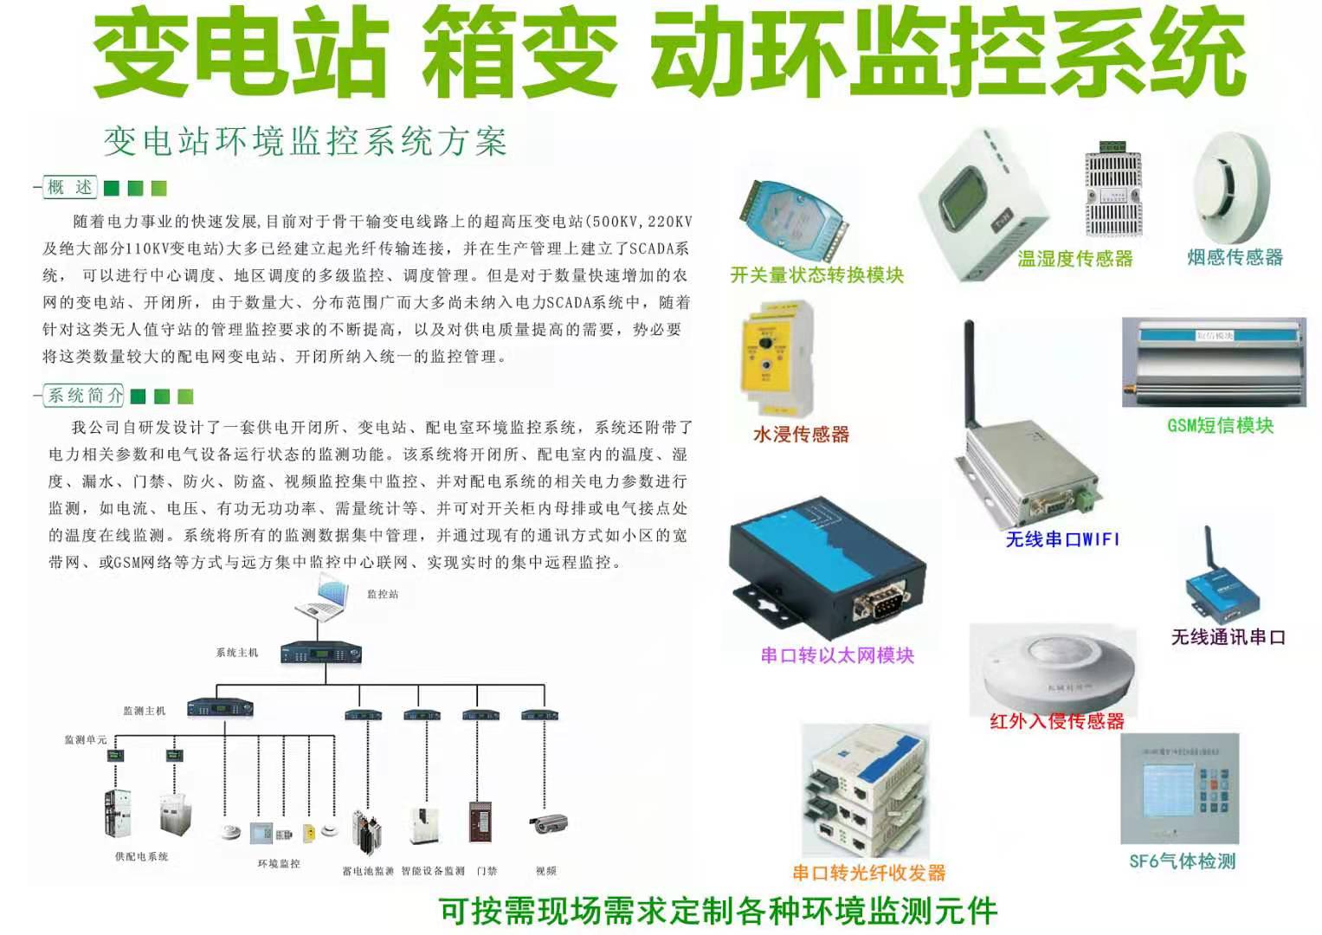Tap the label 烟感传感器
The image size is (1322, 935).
tap(1235, 257)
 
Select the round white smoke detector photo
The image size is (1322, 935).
tap(1230, 188)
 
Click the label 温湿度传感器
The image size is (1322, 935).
tap(1074, 258)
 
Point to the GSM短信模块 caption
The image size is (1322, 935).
tap(1220, 425)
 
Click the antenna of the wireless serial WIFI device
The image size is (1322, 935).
tap(970, 372)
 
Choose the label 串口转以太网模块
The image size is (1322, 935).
tap(837, 655)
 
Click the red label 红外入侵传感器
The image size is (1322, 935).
tap(1057, 720)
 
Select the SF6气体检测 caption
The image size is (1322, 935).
tap(1182, 861)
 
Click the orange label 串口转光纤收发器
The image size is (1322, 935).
tap(869, 873)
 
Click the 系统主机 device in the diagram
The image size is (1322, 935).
tap(320, 654)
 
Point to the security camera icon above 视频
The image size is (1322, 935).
tap(548, 822)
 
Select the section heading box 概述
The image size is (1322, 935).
tap(70, 187)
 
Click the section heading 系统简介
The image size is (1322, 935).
tap(85, 396)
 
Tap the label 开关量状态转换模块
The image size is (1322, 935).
tap(816, 274)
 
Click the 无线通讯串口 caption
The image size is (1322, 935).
tap(1228, 637)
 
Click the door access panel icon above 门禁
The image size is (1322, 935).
tap(480, 821)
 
